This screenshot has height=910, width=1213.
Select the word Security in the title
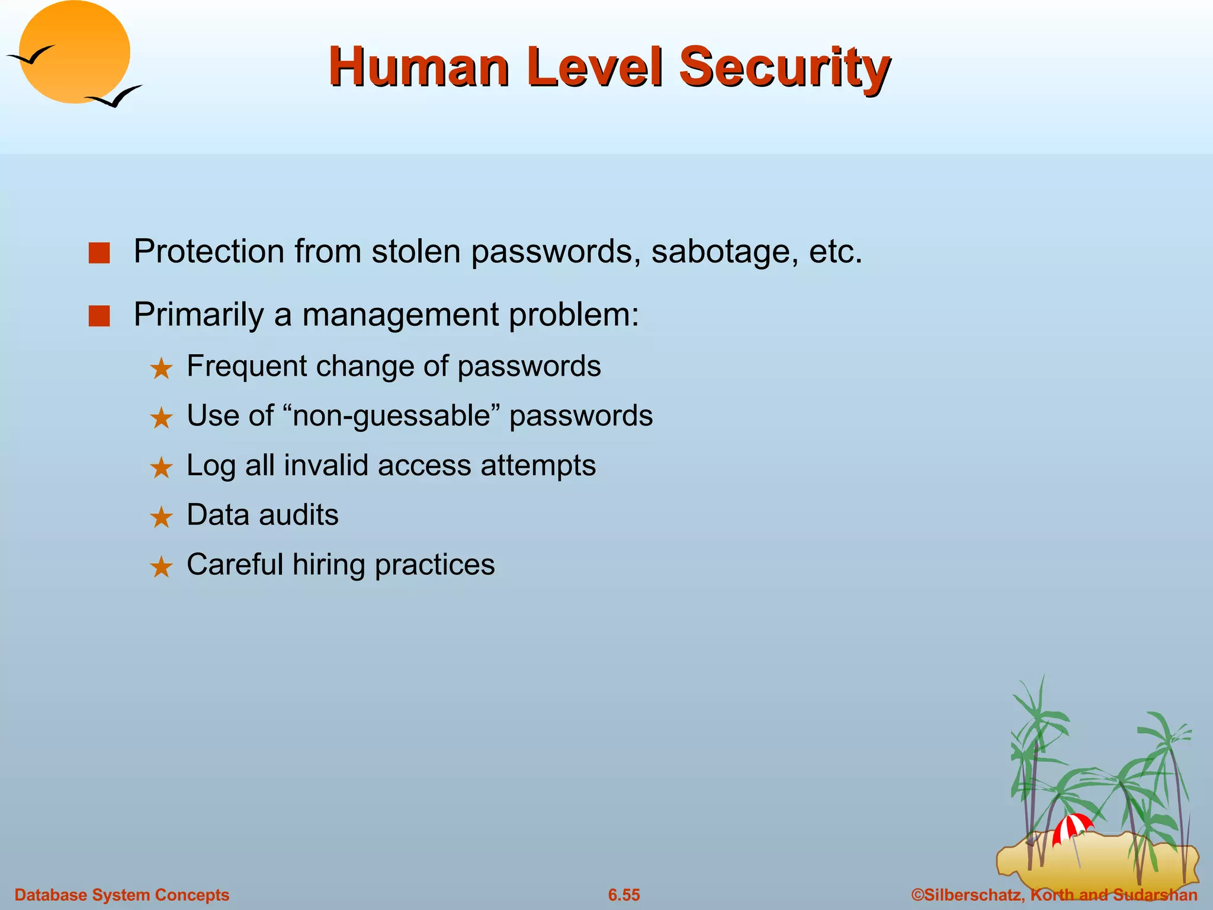[784, 68]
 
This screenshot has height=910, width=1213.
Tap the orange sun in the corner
[75, 52]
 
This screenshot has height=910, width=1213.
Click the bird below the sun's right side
[115, 97]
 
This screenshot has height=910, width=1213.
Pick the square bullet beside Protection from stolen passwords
[99, 253]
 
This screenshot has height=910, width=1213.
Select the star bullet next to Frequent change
[161, 369]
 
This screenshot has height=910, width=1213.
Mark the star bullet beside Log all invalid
[161, 468]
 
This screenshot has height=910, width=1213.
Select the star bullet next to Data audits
[161, 518]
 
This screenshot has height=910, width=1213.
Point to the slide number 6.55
[624, 895]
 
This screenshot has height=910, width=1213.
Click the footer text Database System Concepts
[121, 895]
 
